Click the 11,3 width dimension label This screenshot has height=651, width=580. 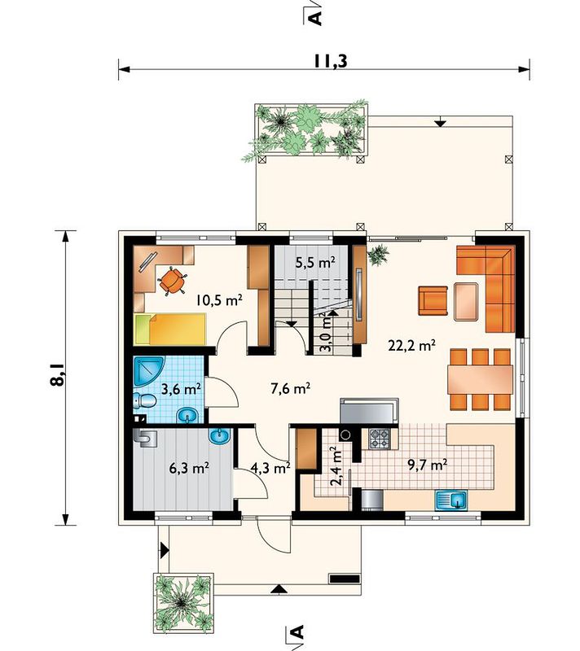pyautogui.click(x=330, y=60)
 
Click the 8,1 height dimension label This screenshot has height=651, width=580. pyautogui.click(x=59, y=375)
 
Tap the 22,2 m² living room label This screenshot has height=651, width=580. pyautogui.click(x=411, y=345)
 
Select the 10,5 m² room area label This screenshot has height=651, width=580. pyautogui.click(x=219, y=299)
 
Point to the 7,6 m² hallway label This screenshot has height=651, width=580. pyautogui.click(x=291, y=389)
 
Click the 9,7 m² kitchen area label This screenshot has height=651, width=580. pyautogui.click(x=427, y=465)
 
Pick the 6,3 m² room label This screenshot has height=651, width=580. pyautogui.click(x=189, y=469)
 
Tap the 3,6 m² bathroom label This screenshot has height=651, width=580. pyautogui.click(x=181, y=390)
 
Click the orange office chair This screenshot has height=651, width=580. pyautogui.click(x=172, y=281)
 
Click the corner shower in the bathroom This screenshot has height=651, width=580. pyautogui.click(x=149, y=370)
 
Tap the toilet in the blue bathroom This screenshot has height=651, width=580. pyautogui.click(x=144, y=401)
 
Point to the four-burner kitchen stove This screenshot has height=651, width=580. pyautogui.click(x=380, y=439)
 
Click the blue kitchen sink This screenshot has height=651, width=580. pyautogui.click(x=451, y=500)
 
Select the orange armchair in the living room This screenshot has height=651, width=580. pyautogui.click(x=433, y=300)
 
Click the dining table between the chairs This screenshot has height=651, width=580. pyautogui.click(x=481, y=379)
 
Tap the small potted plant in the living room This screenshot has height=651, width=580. pyautogui.click(x=378, y=255)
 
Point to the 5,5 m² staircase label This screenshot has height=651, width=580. pyautogui.click(x=315, y=262)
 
